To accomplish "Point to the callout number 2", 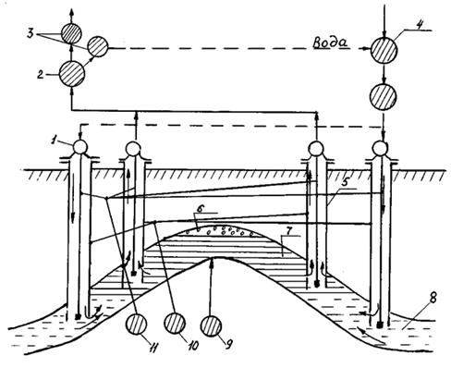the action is [40, 75].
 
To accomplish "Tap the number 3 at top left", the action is [30, 33].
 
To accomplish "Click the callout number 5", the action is [345, 181].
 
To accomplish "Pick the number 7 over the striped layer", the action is [287, 230].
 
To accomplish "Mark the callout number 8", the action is [433, 298].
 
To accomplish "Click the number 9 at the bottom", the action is [228, 344].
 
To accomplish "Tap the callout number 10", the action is [192, 346].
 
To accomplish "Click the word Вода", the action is [330, 43].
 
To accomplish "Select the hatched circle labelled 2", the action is [72, 74].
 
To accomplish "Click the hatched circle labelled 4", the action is [384, 51].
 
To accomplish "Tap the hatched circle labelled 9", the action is [211, 326].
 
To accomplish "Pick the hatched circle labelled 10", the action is [175, 323].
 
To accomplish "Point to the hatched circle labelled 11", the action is [137, 325].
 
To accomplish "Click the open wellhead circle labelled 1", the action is [80, 147].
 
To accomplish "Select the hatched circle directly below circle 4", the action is [384, 97].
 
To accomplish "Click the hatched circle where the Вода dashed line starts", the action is [98, 46].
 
